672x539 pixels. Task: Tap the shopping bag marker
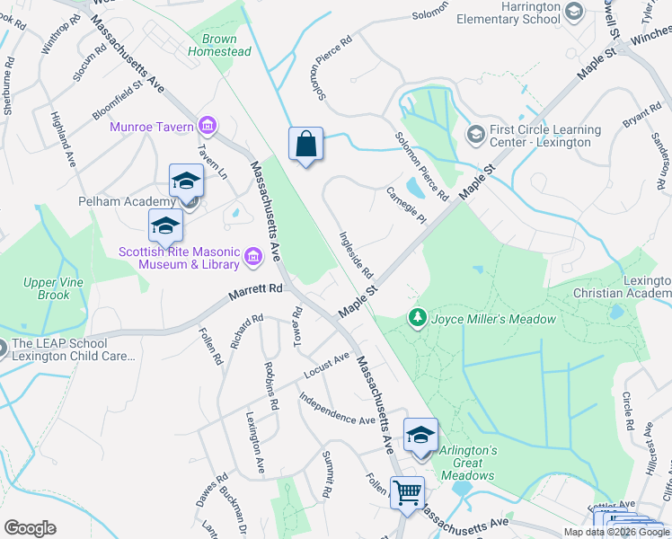point(306,144)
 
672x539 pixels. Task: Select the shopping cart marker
point(408,492)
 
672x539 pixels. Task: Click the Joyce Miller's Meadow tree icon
point(417,318)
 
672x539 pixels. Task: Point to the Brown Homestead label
point(219,45)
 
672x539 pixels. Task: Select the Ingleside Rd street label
point(356,254)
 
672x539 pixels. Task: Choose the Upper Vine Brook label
point(47,288)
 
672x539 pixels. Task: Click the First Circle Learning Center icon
point(475,134)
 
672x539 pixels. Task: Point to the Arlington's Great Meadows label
point(468,462)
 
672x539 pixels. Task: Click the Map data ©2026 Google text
point(615,531)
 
